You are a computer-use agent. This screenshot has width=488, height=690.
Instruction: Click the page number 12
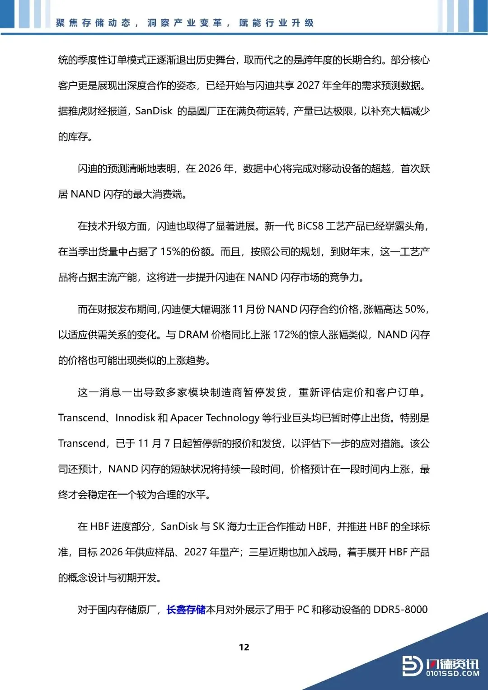click(x=244, y=647)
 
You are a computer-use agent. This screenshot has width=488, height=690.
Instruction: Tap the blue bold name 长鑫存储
click(x=186, y=610)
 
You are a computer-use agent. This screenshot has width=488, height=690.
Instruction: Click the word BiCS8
click(x=310, y=226)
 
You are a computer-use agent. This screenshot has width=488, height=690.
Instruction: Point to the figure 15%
click(x=170, y=252)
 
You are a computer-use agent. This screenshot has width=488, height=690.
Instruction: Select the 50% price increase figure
click(x=415, y=309)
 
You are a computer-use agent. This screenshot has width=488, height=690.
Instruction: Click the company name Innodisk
click(x=135, y=418)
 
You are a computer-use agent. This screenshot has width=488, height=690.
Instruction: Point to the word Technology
click(x=232, y=418)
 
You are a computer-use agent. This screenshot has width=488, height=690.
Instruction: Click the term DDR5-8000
click(x=400, y=610)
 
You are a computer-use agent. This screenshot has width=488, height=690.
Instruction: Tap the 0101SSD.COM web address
click(x=452, y=674)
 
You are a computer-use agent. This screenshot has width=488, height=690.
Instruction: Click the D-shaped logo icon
click(x=412, y=666)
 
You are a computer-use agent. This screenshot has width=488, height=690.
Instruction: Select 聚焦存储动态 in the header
click(x=93, y=23)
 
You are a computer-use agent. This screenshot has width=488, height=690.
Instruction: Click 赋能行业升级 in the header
click(x=276, y=23)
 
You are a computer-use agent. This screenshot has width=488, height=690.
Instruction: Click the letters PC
click(x=303, y=610)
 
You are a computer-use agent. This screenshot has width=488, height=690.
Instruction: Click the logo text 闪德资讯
click(x=452, y=663)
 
